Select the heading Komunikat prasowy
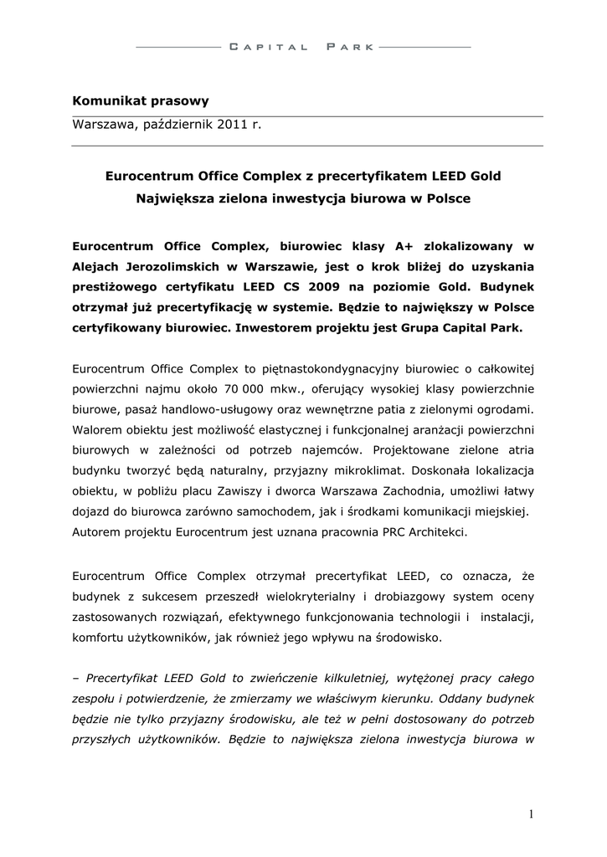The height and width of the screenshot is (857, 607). pyautogui.click(x=140, y=101)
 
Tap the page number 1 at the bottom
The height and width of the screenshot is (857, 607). pyautogui.click(x=531, y=813)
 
